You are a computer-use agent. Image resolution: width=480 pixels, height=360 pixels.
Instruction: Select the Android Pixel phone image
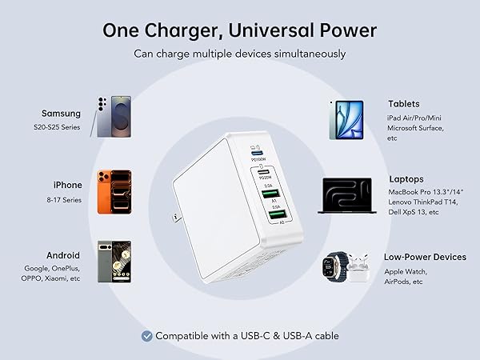point(114,262)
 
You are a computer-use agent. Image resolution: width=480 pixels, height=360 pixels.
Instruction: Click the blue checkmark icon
point(146,336)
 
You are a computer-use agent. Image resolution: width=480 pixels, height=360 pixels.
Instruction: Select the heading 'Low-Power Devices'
point(425,257)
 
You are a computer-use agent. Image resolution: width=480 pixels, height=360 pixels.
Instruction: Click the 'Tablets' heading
point(403,104)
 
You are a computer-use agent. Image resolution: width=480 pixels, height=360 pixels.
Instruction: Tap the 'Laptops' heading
point(406,179)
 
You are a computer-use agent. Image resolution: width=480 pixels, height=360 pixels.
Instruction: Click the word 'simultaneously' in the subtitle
point(310,54)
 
